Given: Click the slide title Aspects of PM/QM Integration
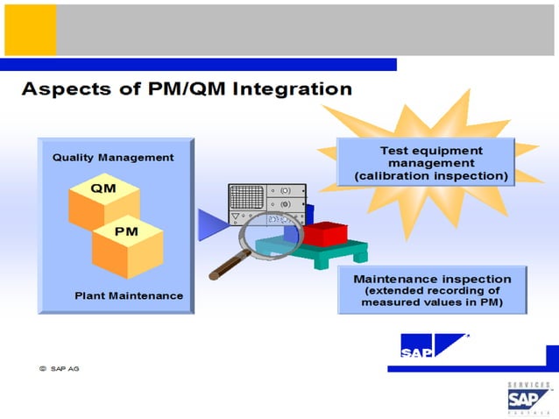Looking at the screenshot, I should click(186, 89).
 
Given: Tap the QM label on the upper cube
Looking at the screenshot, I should click(103, 188).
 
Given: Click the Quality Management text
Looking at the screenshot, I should click(113, 158).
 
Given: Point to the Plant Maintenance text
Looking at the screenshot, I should click(129, 295).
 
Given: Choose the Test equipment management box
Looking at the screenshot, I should click(431, 163).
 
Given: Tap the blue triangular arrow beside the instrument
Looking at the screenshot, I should click(210, 224).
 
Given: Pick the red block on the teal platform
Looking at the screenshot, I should click(323, 234).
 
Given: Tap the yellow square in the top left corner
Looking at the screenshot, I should click(30, 28).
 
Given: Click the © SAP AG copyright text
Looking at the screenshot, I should click(59, 368).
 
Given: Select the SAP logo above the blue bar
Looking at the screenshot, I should click(434, 347).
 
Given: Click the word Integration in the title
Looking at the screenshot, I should click(295, 89).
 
